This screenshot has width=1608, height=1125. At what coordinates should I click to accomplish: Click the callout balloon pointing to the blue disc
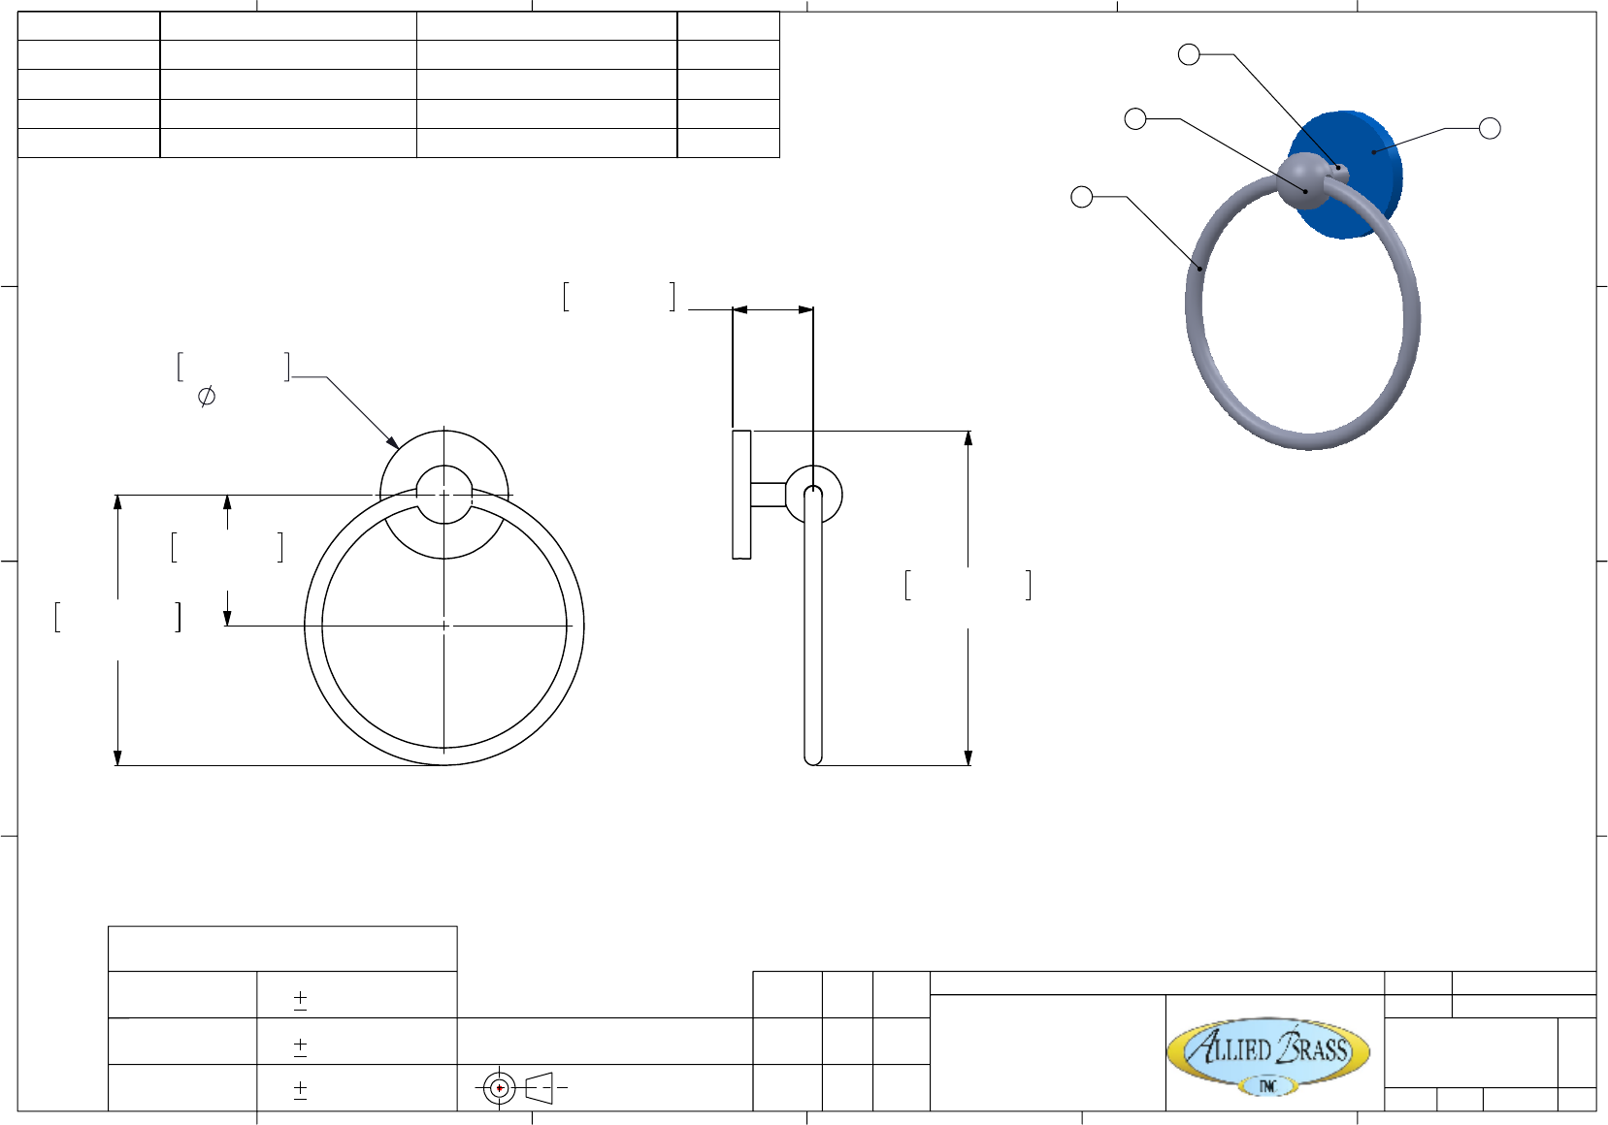coord(1490,128)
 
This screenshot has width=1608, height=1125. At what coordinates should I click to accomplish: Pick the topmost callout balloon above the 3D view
coord(1189,54)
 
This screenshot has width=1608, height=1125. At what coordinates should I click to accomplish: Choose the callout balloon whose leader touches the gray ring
coord(1081,197)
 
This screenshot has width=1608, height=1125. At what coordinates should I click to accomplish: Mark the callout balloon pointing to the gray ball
coord(1135,119)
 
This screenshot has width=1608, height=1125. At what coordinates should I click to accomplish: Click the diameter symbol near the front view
coord(207,396)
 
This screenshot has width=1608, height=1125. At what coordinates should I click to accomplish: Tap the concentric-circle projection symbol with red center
coord(499,1088)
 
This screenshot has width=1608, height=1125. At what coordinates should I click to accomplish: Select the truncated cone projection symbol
coord(540,1088)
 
